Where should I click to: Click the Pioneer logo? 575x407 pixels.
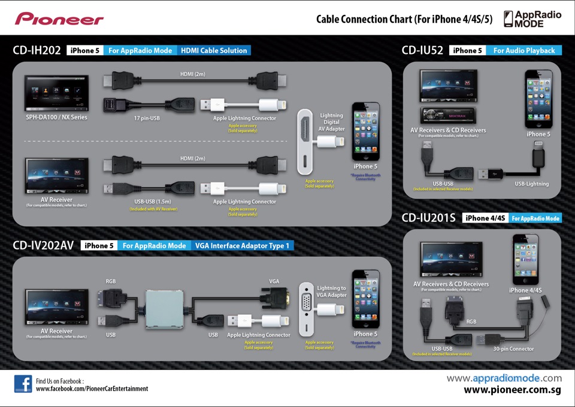tap(59, 19)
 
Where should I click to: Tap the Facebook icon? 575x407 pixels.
tap(23, 384)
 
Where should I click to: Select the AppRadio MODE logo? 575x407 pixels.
tap(532, 19)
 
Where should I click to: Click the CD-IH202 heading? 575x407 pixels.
tap(37, 51)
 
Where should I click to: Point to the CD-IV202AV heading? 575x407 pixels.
tap(43, 245)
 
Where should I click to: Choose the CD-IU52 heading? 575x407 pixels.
tap(422, 51)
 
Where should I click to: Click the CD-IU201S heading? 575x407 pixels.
tap(429, 218)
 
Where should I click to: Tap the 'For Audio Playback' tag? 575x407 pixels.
tap(524, 51)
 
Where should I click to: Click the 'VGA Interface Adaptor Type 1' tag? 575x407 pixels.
tap(242, 245)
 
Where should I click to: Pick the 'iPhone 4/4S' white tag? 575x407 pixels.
tap(485, 218)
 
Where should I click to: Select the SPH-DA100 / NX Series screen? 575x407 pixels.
tap(56, 93)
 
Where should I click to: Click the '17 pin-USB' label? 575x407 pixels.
tap(147, 119)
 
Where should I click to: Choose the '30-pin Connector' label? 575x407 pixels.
tap(513, 348)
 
